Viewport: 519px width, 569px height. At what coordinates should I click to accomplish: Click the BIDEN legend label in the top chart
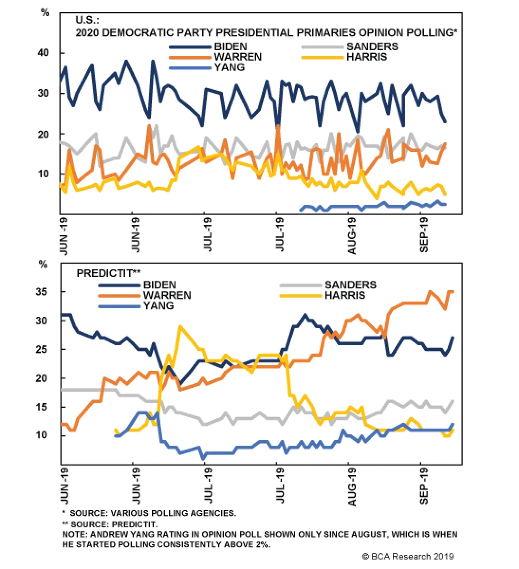[x=230, y=47]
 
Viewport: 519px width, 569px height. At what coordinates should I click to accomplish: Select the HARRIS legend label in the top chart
[x=367, y=57]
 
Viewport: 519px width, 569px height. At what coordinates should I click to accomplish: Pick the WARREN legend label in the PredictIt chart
[x=167, y=295]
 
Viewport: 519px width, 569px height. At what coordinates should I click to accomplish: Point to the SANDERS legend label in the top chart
[x=372, y=47]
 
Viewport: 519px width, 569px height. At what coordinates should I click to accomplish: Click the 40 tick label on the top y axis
[x=43, y=53]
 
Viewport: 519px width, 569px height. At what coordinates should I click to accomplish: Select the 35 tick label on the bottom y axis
[x=42, y=292]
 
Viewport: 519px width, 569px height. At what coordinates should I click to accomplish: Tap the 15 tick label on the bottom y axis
[x=42, y=407]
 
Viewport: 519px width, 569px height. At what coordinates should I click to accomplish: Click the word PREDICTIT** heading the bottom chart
[x=108, y=273]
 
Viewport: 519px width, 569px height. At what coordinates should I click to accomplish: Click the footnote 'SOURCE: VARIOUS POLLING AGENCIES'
[x=152, y=513]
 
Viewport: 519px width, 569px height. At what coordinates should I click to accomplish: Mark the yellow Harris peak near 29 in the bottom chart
[x=180, y=326]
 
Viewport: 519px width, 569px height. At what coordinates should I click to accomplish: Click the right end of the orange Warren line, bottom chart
[x=453, y=292]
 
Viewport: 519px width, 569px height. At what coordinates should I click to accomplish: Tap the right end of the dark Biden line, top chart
[x=445, y=122]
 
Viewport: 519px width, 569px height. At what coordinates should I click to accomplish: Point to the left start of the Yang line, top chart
[x=300, y=211]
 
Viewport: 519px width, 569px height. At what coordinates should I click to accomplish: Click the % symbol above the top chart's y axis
[x=45, y=13]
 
